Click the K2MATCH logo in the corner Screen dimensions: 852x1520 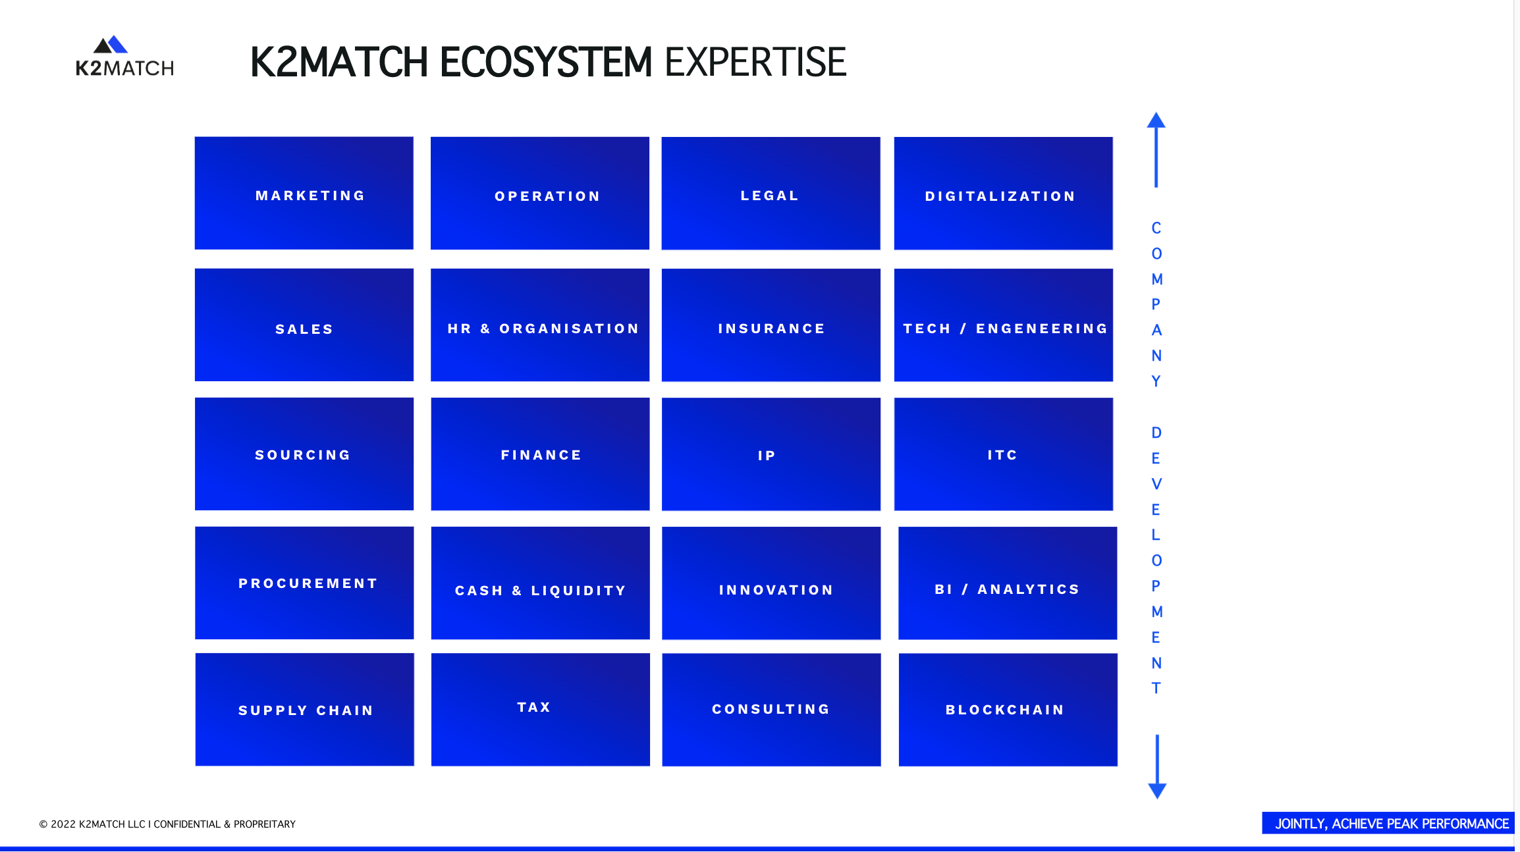124,57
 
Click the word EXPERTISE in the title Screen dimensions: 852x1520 755,63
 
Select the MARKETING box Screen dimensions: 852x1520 304,194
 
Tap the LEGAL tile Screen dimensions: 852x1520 771,194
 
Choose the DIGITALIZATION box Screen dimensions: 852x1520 1003,194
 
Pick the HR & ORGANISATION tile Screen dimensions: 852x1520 540,325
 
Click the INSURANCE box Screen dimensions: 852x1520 771,325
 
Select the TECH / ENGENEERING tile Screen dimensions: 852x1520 1003,325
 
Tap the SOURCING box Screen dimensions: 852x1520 304,454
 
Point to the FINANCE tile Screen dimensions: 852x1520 540,454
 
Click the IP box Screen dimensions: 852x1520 771,454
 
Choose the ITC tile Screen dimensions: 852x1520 1003,454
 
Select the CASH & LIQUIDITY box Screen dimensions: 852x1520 540,583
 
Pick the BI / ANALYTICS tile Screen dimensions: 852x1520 1008,583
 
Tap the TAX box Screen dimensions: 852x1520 540,710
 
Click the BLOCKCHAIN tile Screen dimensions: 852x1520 1008,710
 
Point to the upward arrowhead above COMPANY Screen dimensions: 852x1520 1156,121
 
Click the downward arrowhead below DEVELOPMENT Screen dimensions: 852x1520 1157,790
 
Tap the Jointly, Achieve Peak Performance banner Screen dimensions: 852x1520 1390,824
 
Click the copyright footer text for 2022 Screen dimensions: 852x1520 167,824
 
